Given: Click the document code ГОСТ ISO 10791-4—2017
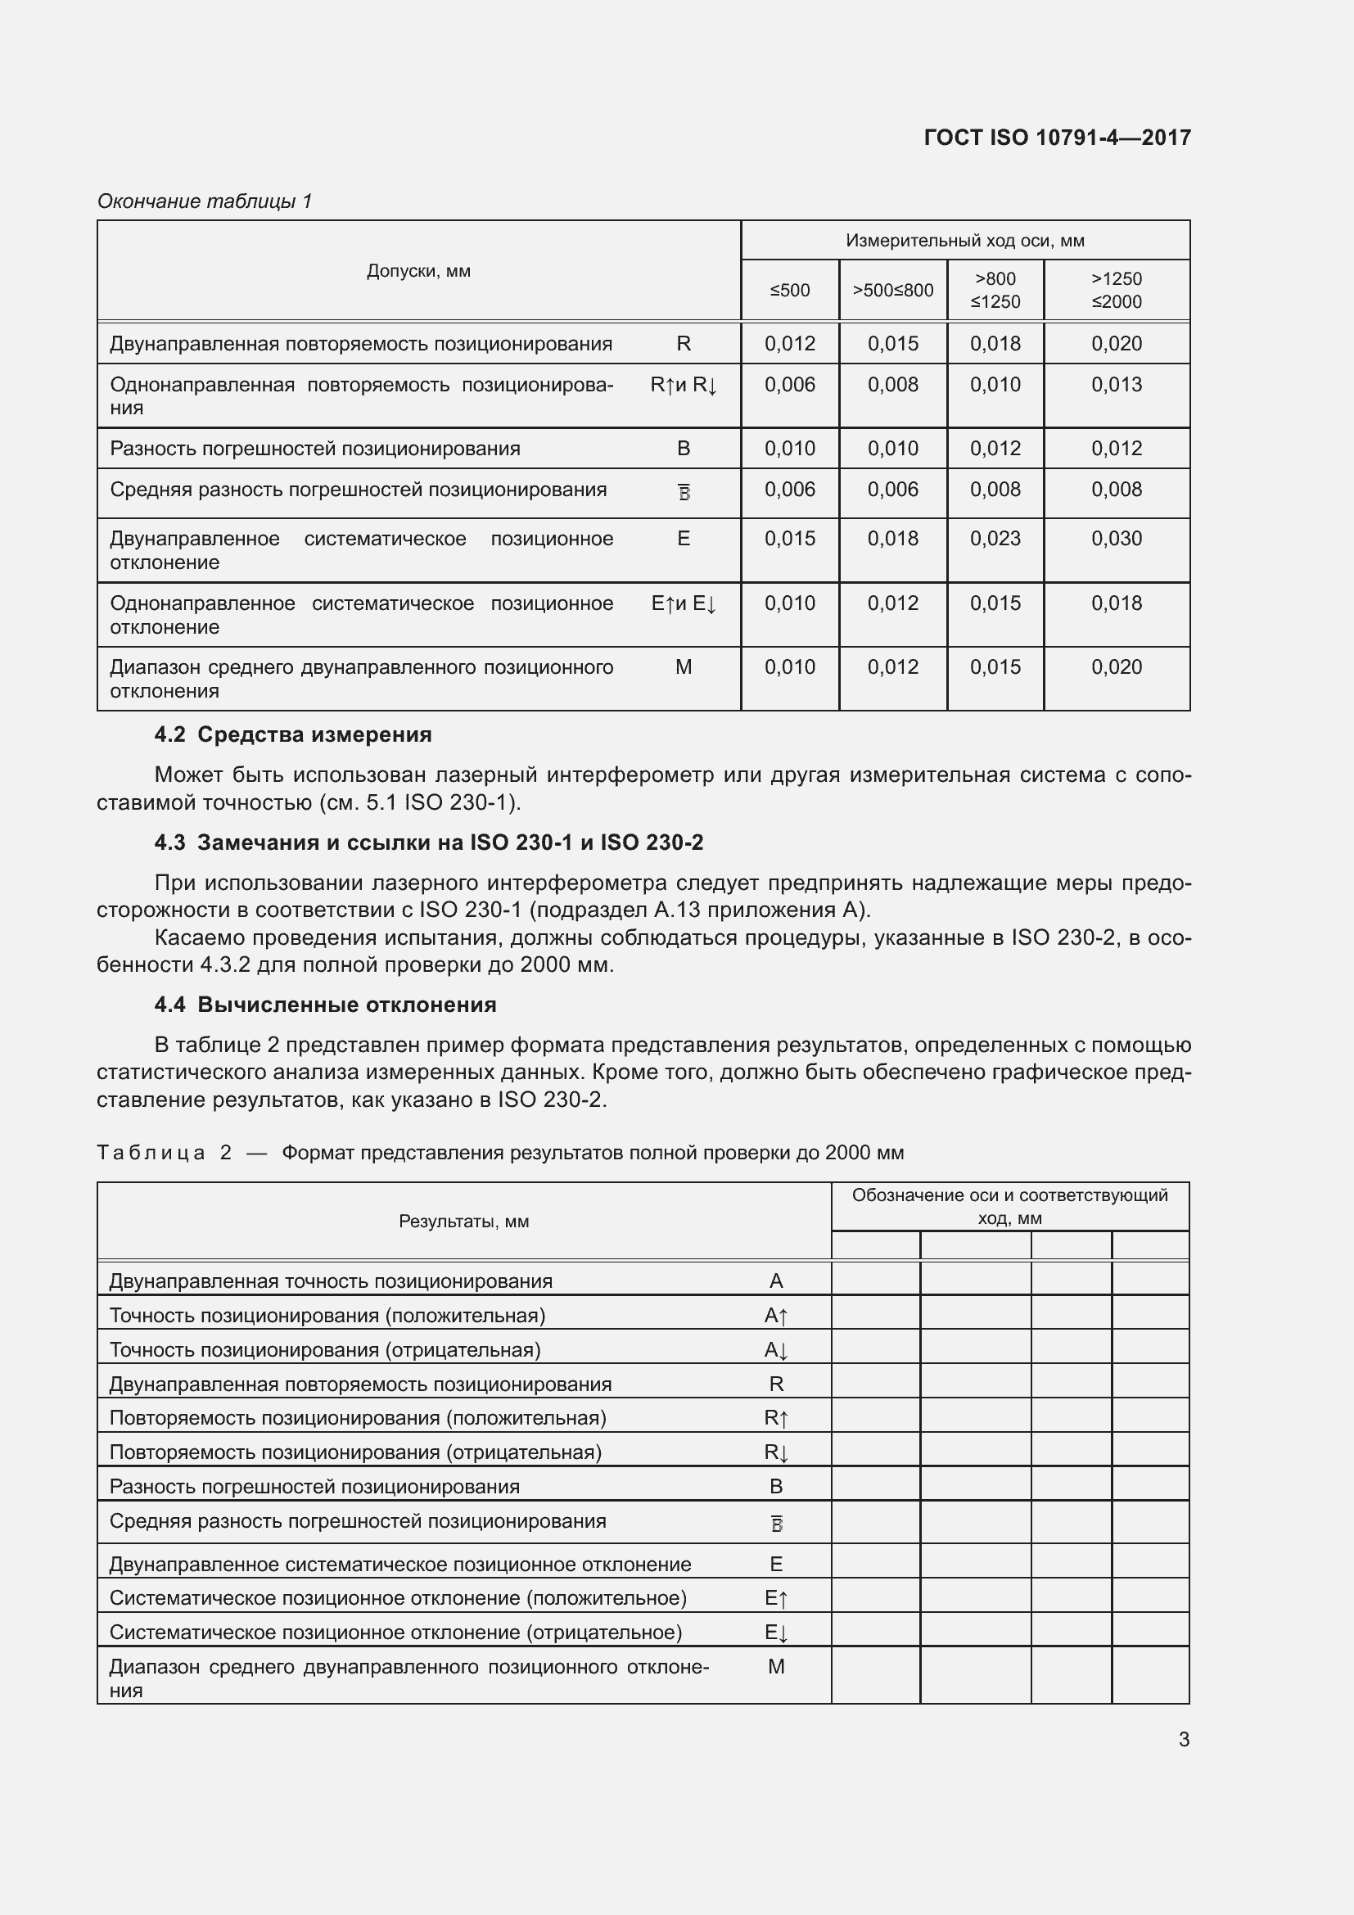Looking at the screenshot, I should click(x=1057, y=138).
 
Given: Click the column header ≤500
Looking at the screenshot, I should click(x=789, y=291).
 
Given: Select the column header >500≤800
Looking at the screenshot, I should click(x=892, y=291).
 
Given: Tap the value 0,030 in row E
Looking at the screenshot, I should click(x=1117, y=539).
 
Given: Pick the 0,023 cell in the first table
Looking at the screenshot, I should click(x=995, y=539).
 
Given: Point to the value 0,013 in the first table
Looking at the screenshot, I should click(x=1117, y=385).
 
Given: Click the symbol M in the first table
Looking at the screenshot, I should click(x=683, y=667).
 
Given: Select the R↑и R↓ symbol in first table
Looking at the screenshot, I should click(x=683, y=386).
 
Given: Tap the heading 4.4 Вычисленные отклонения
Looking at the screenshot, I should click(x=325, y=1005).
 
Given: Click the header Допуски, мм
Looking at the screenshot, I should click(x=418, y=271).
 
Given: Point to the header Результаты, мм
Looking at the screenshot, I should click(x=463, y=1221).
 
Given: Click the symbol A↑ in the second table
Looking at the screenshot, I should click(x=775, y=1317).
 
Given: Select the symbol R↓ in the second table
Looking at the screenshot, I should click(x=775, y=1453).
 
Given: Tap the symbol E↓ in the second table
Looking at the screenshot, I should click(x=775, y=1633).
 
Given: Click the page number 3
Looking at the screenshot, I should click(x=1183, y=1740).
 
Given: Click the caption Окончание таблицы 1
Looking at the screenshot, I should click(x=205, y=201).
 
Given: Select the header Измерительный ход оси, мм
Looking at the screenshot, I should click(x=964, y=241).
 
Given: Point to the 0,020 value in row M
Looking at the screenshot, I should click(x=1117, y=667).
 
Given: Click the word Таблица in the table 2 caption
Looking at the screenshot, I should click(x=151, y=1153).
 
